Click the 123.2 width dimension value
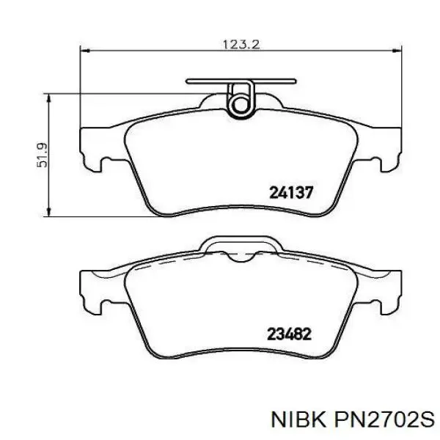241,44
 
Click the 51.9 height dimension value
42,155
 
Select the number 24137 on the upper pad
291,193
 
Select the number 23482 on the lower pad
290,334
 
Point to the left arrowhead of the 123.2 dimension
85,51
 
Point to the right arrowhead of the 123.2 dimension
397,51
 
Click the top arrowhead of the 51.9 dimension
49,98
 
